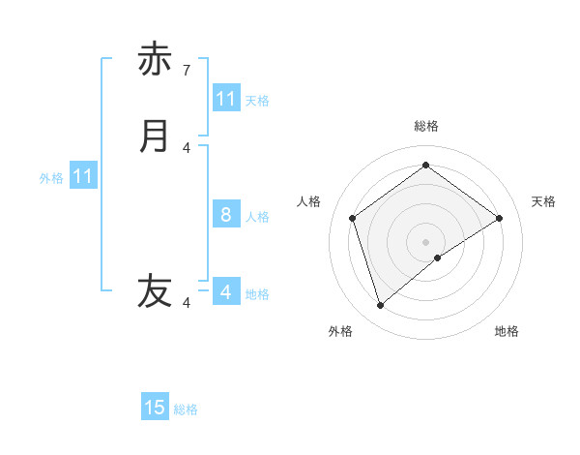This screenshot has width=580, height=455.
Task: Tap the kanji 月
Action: pos(155,136)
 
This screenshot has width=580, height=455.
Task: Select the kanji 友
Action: pos(155,290)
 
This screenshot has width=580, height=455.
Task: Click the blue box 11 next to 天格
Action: pos(226,99)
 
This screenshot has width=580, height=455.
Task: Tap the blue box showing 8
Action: pos(226,215)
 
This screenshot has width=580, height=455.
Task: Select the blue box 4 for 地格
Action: pos(226,291)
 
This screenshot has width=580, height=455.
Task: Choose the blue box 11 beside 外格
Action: pos(83,176)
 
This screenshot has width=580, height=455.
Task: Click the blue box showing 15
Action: pos(155,408)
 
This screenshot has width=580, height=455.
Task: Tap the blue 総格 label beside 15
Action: pos(186,409)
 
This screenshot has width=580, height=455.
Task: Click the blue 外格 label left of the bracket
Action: pos(51,178)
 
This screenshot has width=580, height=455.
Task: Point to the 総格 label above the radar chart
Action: pos(426,126)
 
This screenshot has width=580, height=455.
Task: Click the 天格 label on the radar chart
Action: pos(543,201)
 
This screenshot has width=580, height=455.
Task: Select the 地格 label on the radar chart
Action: pos(507,331)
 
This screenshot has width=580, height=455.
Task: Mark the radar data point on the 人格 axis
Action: pos(353,218)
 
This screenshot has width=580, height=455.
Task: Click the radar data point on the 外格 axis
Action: pos(381,306)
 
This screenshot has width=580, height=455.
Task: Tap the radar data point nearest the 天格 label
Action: pos(499,218)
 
